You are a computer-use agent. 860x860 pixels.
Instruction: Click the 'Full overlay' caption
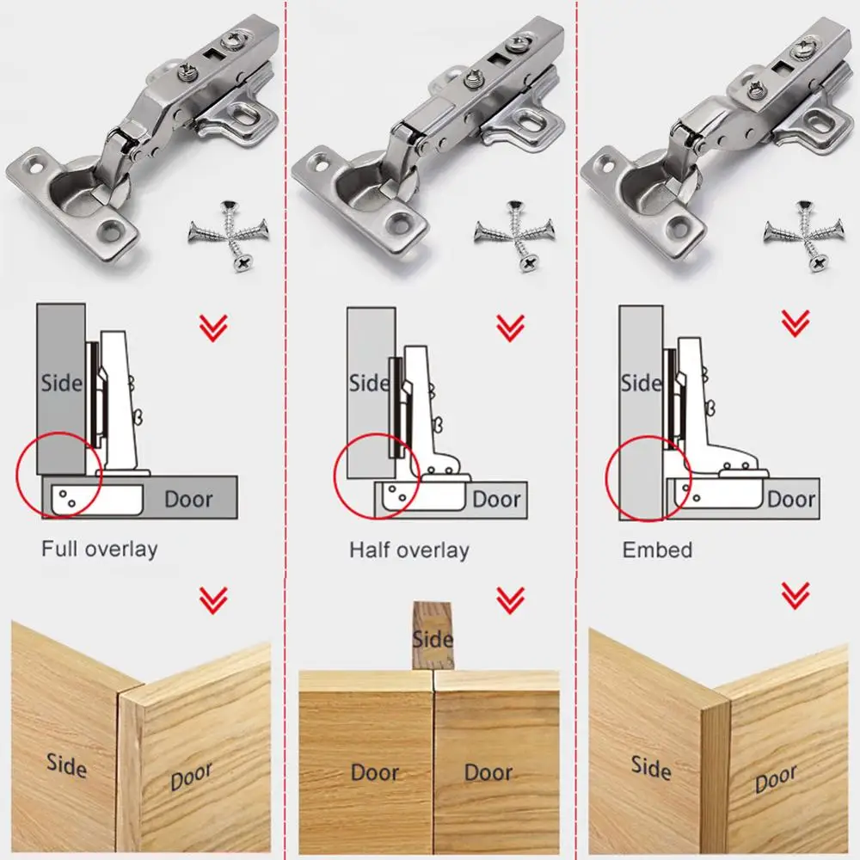100,549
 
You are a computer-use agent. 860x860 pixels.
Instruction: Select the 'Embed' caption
657,550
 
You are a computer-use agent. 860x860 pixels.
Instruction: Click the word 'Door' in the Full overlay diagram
188,499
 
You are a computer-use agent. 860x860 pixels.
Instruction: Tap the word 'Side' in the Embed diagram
641,383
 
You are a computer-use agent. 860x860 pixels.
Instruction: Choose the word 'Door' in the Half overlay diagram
496,500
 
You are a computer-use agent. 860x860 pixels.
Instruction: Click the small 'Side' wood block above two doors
433,636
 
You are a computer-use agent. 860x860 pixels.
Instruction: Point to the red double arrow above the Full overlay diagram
213,328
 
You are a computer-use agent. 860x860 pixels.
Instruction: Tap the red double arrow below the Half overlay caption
511,599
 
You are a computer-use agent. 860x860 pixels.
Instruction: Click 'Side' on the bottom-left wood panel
67,763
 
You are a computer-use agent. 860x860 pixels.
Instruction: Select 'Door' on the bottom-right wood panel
775,779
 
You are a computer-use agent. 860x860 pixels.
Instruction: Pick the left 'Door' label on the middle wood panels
375,771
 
